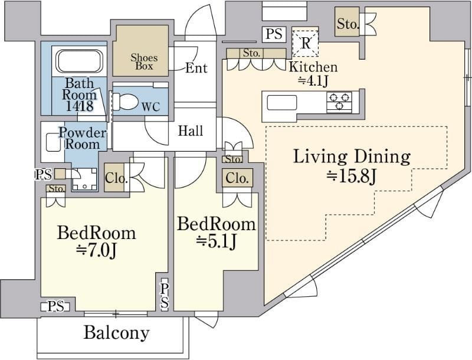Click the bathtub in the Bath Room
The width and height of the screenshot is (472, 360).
pyautogui.click(x=80, y=61)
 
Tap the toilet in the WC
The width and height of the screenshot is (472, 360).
pyautogui.click(x=125, y=101)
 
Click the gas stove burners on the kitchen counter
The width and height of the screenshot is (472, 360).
pyautogui.click(x=339, y=102)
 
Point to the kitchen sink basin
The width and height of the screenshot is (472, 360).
pyautogui.click(x=281, y=103)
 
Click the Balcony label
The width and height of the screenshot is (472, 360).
pyautogui.click(x=116, y=332)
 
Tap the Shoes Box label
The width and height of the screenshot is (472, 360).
pyautogui.click(x=144, y=62)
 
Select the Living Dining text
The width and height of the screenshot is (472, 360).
pyautogui.click(x=352, y=157)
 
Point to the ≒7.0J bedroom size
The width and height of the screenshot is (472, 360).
pyautogui.click(x=96, y=251)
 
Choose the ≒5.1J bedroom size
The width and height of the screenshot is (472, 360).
pyautogui.click(x=216, y=242)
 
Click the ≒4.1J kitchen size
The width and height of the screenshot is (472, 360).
pyautogui.click(x=313, y=81)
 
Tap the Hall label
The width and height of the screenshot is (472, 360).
pyautogui.click(x=190, y=131)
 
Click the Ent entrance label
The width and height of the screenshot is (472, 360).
pyautogui.click(x=196, y=68)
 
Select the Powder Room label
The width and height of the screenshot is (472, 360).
pyautogui.click(x=82, y=139)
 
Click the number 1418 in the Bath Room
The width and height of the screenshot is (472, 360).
pyautogui.click(x=80, y=106)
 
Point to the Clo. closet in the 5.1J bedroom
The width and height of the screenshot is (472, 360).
pyautogui.click(x=237, y=178)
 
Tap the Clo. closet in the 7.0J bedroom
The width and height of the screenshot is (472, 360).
pyautogui.click(x=114, y=178)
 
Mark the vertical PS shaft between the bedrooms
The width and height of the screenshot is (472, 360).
pyautogui.click(x=165, y=296)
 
